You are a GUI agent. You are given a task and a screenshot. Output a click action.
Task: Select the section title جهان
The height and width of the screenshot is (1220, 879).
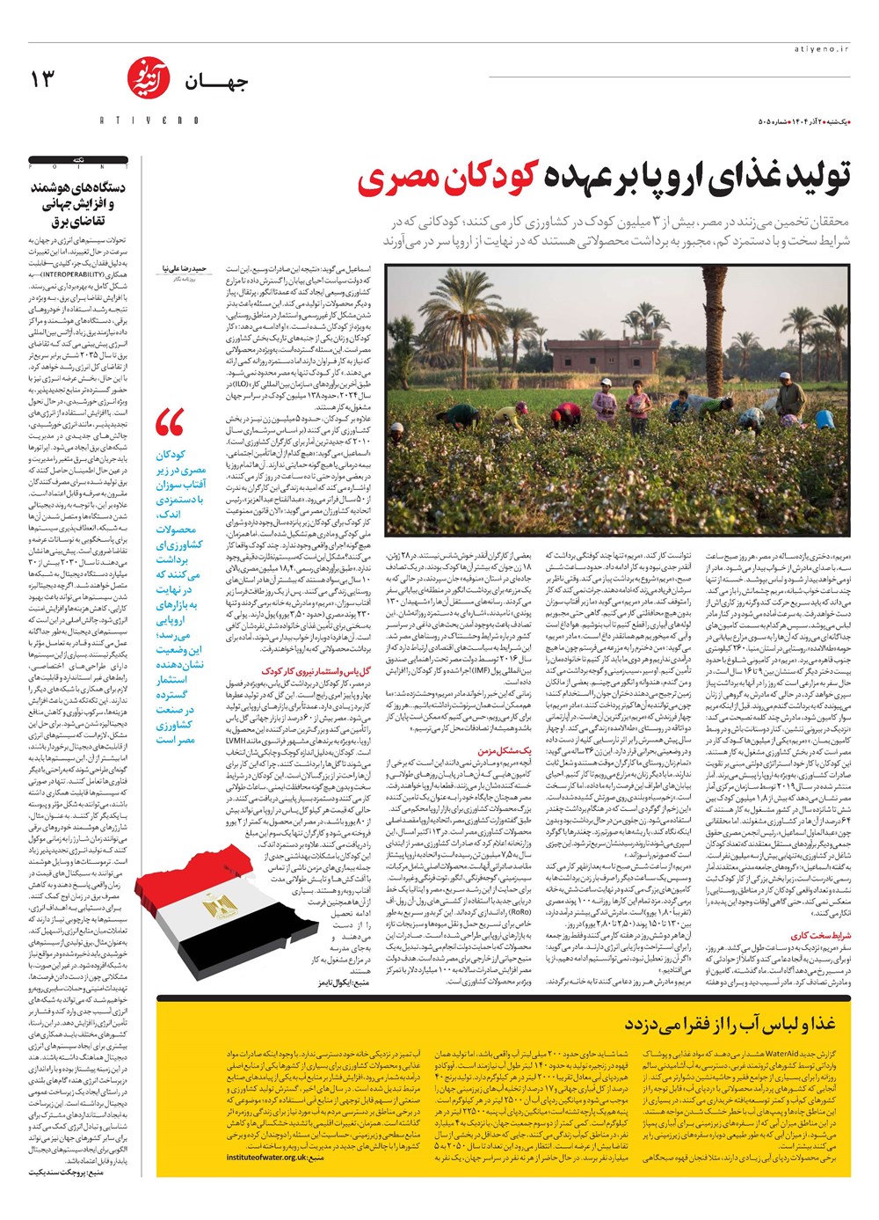pos(216,84)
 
